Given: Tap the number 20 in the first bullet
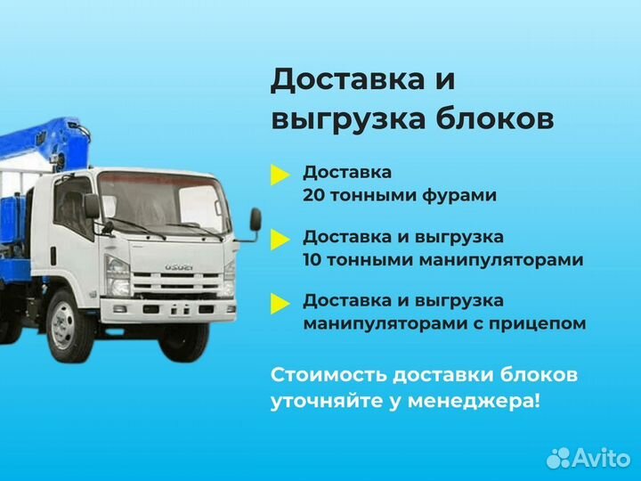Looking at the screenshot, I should [313, 195].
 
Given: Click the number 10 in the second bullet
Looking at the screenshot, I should [312, 260].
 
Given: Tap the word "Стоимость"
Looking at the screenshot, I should [322, 374].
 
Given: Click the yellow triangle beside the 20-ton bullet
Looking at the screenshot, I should [280, 175].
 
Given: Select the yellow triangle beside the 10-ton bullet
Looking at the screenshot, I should [280, 240].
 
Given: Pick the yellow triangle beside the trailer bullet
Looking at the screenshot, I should [280, 304].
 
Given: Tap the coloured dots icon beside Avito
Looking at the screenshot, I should [558, 457].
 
